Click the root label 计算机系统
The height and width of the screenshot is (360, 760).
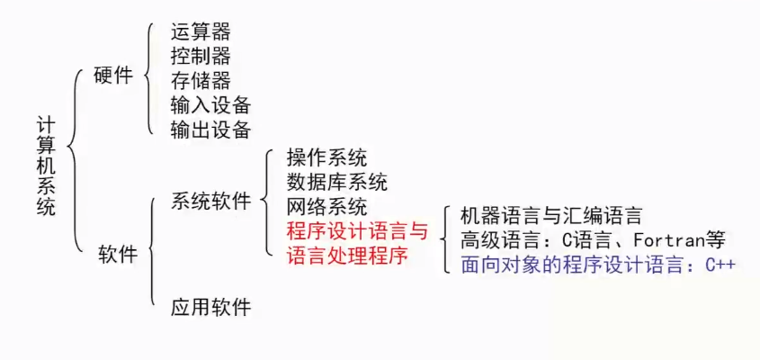tap(46, 166)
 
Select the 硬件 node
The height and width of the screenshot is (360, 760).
tap(113, 76)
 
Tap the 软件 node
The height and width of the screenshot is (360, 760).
tap(118, 255)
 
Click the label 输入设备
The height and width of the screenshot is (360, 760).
tap(210, 104)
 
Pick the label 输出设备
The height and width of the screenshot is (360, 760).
tap(210, 129)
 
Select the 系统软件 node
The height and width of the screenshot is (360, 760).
tap(210, 201)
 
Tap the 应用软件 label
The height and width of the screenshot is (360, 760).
tap(210, 308)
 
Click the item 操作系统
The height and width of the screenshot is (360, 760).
tap(326, 158)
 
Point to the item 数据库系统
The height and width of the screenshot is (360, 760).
tap(336, 183)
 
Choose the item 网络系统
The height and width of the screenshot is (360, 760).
tap(326, 207)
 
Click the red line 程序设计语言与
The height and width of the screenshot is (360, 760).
tap(356, 232)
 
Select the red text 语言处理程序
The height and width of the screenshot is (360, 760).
tap(346, 256)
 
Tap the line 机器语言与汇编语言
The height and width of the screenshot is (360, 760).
tap(550, 216)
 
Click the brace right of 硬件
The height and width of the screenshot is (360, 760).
tap(151, 79)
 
